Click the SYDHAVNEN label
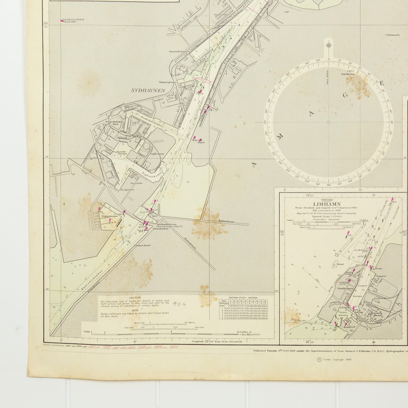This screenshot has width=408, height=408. tap(148, 91)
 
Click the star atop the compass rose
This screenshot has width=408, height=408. tap(329, 44)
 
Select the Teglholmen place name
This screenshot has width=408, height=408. tap(157, 154)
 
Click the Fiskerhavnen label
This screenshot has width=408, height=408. tap(109, 216)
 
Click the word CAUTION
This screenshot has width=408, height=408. tap(135, 297)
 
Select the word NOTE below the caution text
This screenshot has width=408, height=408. tap(135, 310)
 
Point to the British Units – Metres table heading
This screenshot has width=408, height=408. tap(243, 297)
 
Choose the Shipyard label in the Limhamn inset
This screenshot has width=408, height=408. tap(381, 276)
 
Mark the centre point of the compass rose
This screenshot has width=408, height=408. tap(328, 122)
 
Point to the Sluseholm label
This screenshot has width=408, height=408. tap(131, 183)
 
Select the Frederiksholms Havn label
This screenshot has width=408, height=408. tap(114, 123)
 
